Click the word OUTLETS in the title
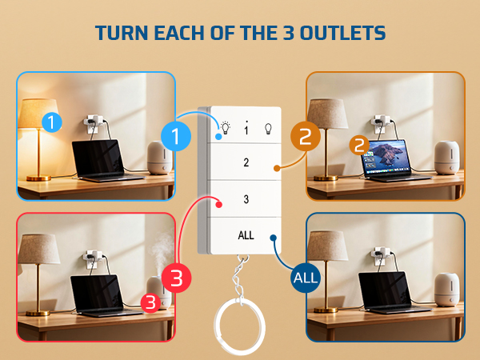tap(342, 33)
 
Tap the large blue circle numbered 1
tap(176, 136)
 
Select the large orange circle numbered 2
tap(306, 136)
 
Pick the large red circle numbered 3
tap(177, 278)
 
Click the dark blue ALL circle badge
tap(306, 278)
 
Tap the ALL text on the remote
tap(246, 235)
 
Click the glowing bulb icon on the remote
tap(226, 128)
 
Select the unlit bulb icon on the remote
tap(268, 129)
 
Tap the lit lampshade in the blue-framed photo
tap(38, 114)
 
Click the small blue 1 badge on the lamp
tap(51, 122)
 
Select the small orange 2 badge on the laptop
tap(359, 145)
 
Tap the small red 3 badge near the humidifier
tap(150, 302)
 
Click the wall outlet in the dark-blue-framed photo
tap(380, 256)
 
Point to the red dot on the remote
tap(218, 204)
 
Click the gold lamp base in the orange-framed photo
tap(326, 178)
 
